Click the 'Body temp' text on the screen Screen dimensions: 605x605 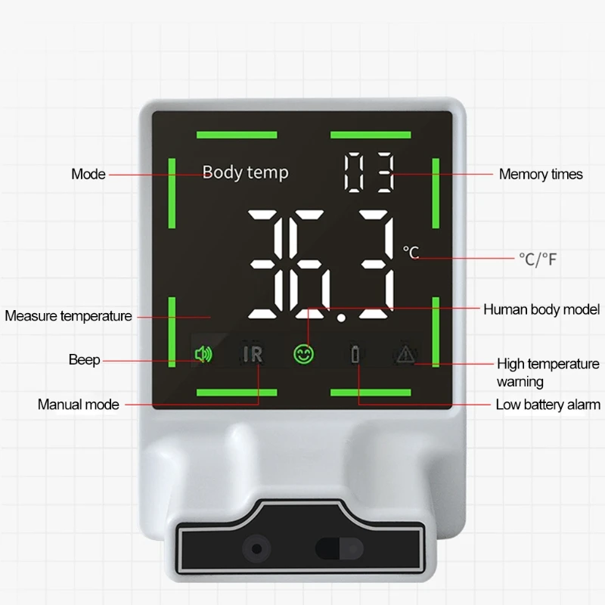(x=245, y=172)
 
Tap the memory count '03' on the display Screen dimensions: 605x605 (x=368, y=173)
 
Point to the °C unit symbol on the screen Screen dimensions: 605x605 (x=411, y=253)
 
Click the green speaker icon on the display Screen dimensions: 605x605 (x=203, y=354)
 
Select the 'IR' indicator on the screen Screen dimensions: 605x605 (x=253, y=354)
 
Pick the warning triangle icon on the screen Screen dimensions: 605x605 (x=406, y=353)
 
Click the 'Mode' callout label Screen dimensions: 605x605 (x=88, y=174)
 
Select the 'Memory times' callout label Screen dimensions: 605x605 (x=540, y=174)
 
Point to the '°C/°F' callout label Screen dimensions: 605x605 (x=538, y=259)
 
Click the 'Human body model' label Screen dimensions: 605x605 (x=541, y=309)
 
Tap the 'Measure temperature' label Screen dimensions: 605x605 (x=68, y=315)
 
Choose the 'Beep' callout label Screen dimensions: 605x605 (x=84, y=360)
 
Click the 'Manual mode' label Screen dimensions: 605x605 (x=79, y=405)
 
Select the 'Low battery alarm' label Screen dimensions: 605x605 (x=548, y=405)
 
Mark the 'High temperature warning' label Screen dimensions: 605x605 (x=548, y=372)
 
